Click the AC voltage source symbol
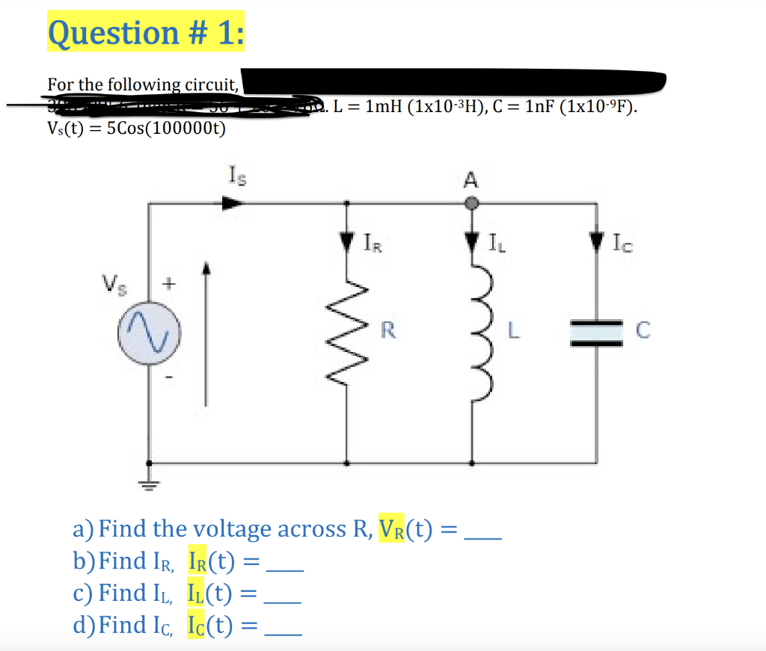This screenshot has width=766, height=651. point(147,330)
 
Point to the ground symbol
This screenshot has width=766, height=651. point(147,485)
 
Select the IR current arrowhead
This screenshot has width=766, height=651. point(346,241)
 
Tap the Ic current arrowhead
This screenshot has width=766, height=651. point(596,241)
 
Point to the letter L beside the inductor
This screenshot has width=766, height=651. point(513,328)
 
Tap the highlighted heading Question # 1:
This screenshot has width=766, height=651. point(145,32)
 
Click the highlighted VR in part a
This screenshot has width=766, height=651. point(394,529)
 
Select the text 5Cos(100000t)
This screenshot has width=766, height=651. point(166,128)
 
